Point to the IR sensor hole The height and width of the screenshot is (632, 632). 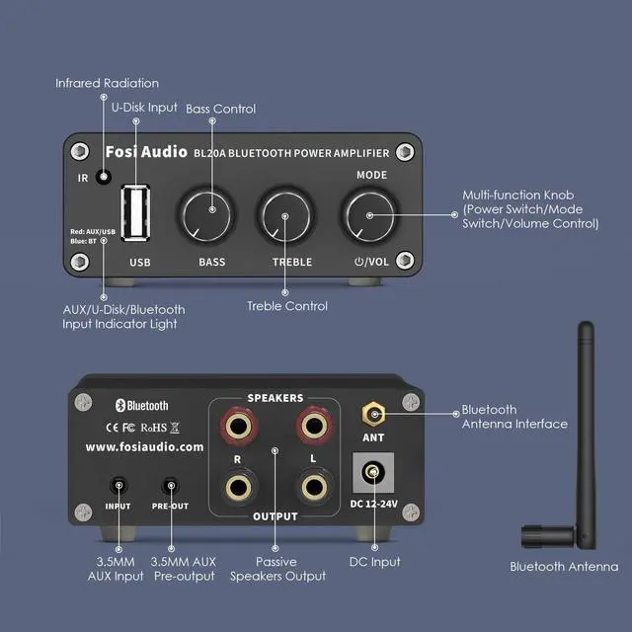(x=103, y=152)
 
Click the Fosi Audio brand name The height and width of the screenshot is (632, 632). (x=143, y=152)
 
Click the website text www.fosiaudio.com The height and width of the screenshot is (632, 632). (x=144, y=446)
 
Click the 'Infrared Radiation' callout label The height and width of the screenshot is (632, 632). (x=107, y=83)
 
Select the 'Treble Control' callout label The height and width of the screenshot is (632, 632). (x=287, y=306)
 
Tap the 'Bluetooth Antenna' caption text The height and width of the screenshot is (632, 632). (x=564, y=566)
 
